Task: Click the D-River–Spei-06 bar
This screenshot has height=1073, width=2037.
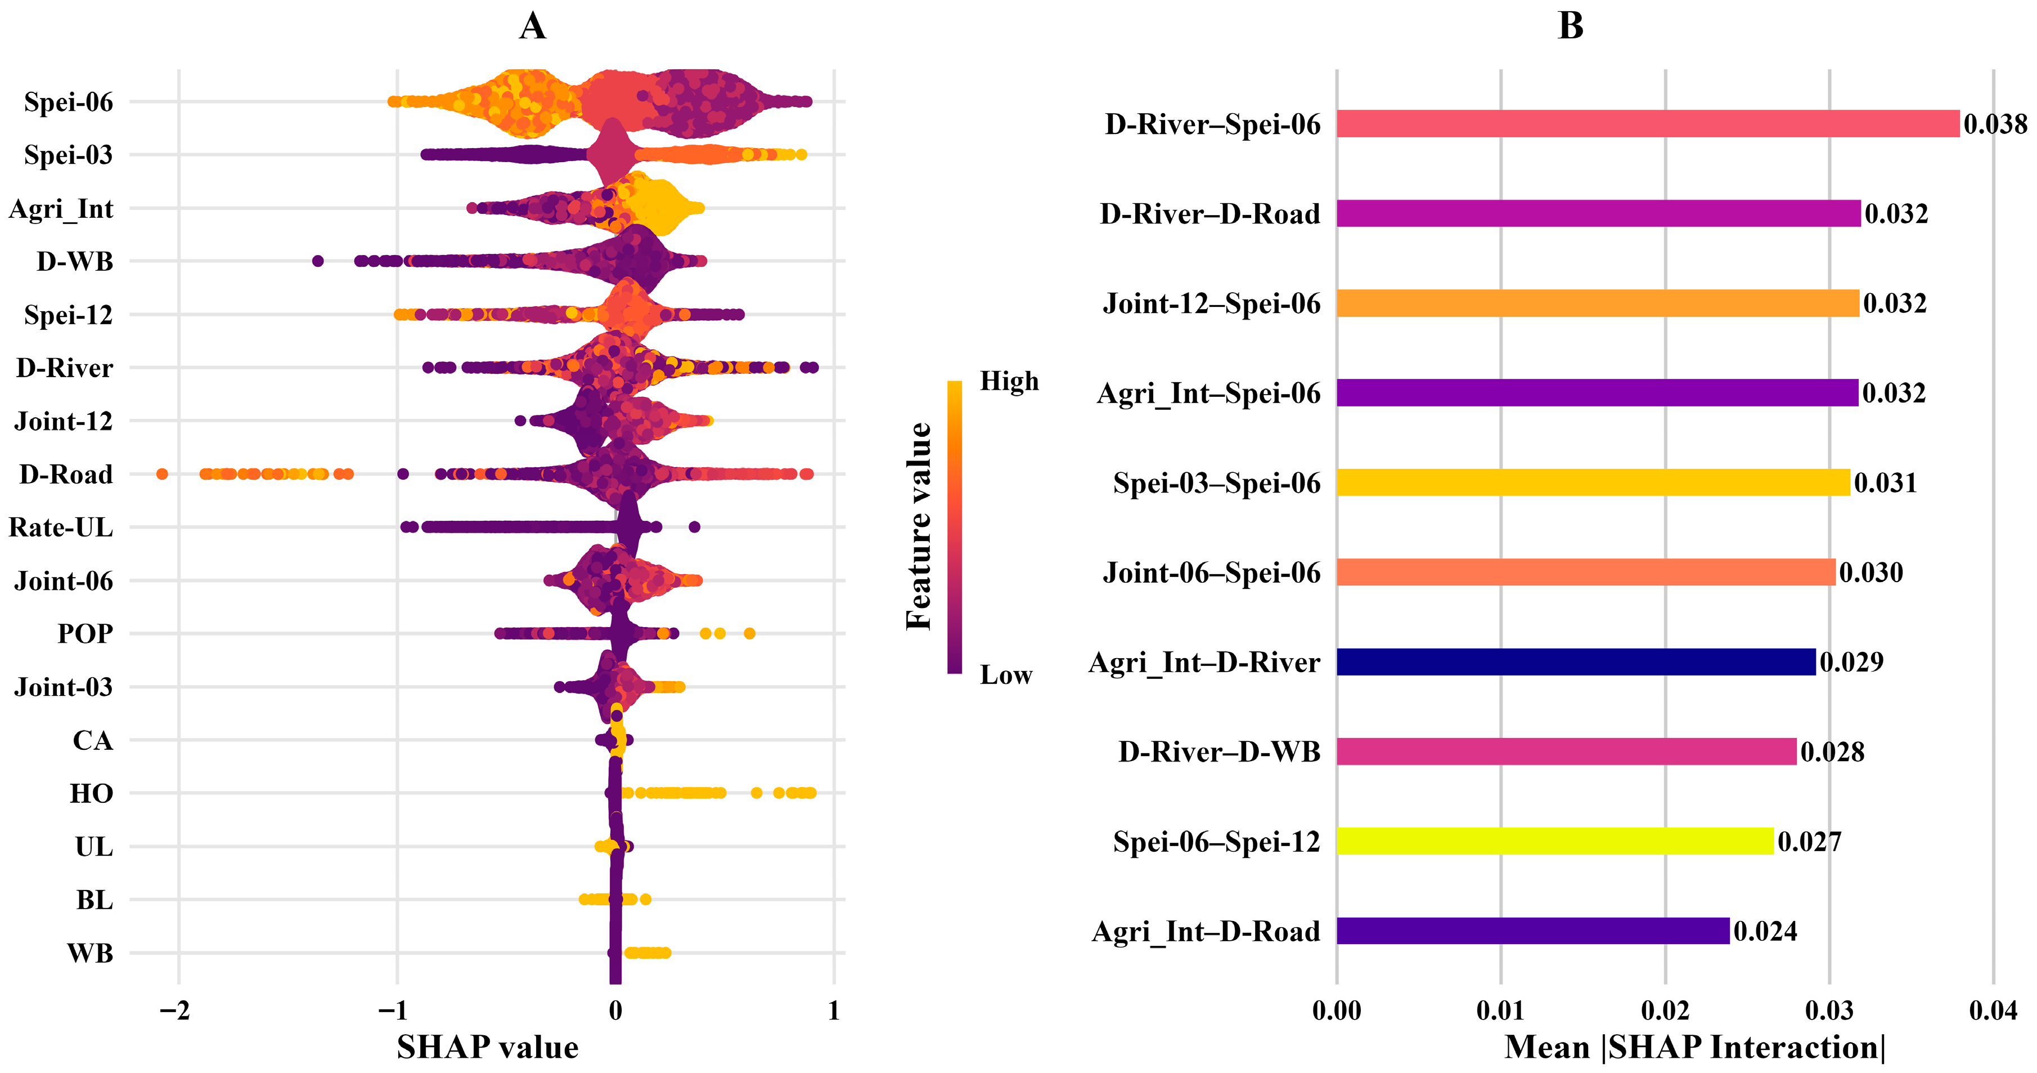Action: [x=1647, y=124]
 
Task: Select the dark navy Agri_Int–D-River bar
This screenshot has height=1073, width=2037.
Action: [x=1575, y=661]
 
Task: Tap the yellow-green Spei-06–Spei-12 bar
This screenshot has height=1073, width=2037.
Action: [x=1555, y=841]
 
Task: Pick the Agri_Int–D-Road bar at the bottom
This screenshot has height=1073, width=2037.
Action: [x=1532, y=931]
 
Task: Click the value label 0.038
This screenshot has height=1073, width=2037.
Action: [x=1995, y=124]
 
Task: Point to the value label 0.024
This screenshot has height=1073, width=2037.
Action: [x=1765, y=931]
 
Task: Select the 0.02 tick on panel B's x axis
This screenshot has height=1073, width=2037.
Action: [x=1665, y=1011]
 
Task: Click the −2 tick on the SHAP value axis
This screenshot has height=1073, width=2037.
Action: [x=175, y=1011]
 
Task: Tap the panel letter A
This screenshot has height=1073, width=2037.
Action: [x=532, y=26]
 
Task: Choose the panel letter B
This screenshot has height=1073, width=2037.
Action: [x=1571, y=26]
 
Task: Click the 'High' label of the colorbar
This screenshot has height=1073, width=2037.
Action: [x=1009, y=382]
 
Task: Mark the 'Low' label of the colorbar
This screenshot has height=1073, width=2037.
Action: [x=1006, y=675]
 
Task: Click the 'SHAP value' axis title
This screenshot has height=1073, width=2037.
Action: [x=487, y=1048]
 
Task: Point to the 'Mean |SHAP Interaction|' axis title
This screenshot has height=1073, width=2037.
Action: [x=1694, y=1048]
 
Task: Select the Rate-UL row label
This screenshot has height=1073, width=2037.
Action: [x=61, y=527]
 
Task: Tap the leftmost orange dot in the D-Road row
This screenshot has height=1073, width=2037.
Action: [x=162, y=474]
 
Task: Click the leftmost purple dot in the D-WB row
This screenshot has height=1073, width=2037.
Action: [x=318, y=261]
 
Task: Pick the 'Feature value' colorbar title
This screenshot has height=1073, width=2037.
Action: [x=919, y=526]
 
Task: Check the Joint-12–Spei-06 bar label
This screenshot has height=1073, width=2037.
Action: [x=1211, y=304]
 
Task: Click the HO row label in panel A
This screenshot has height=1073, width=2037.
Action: [x=91, y=793]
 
